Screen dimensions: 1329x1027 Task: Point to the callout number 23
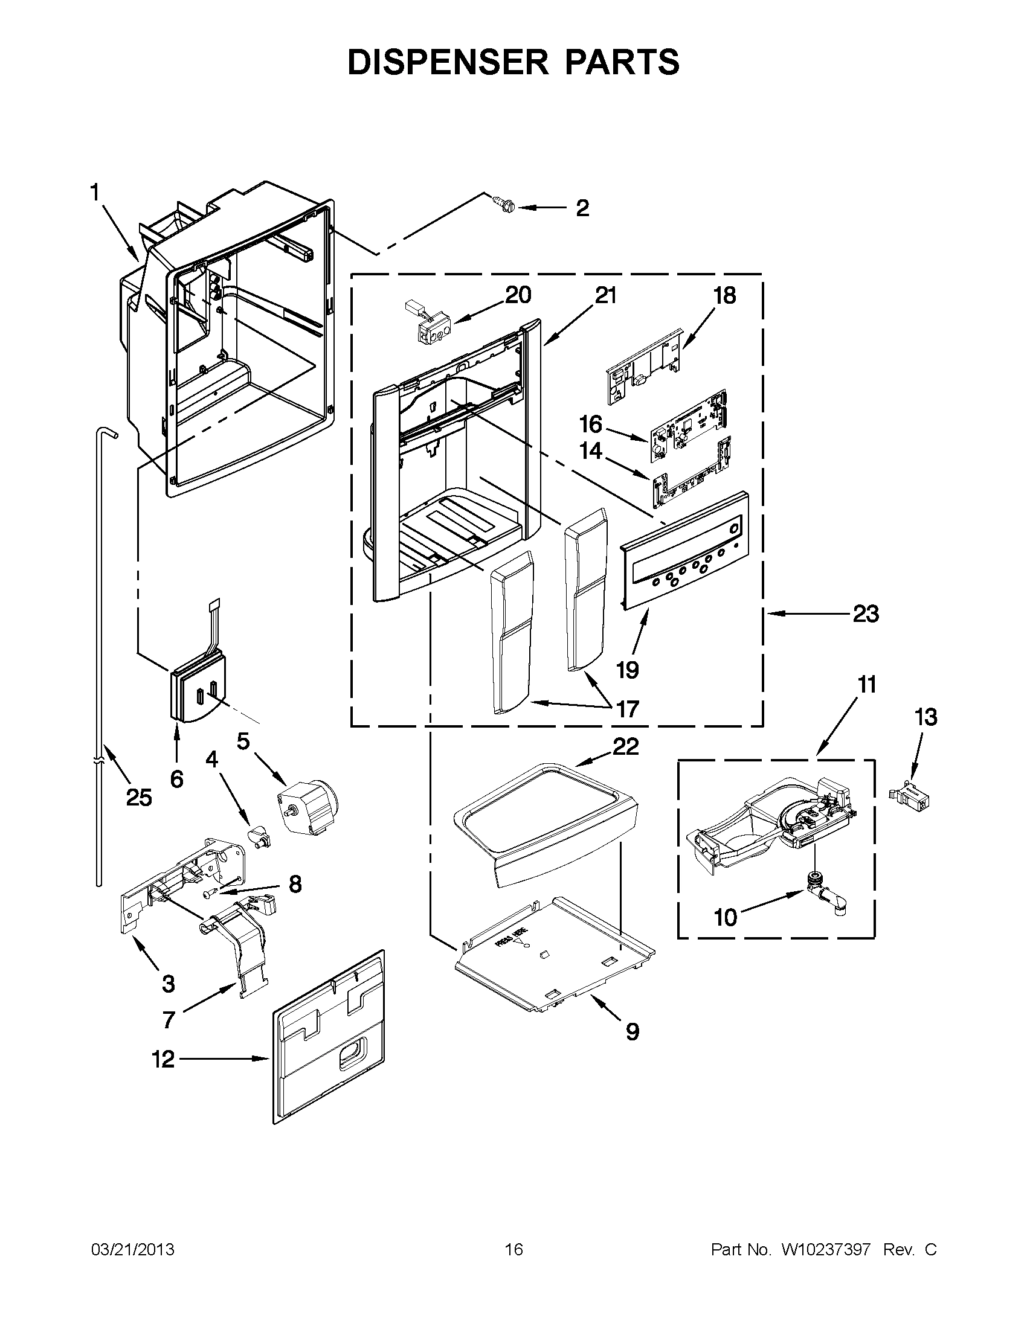point(866,614)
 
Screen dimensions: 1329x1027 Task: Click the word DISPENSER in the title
point(450,62)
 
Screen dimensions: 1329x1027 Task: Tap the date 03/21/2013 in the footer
point(133,1250)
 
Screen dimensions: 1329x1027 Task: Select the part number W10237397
point(826,1250)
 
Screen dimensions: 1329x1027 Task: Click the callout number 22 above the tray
point(626,747)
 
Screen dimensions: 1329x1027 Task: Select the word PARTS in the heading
point(622,62)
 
